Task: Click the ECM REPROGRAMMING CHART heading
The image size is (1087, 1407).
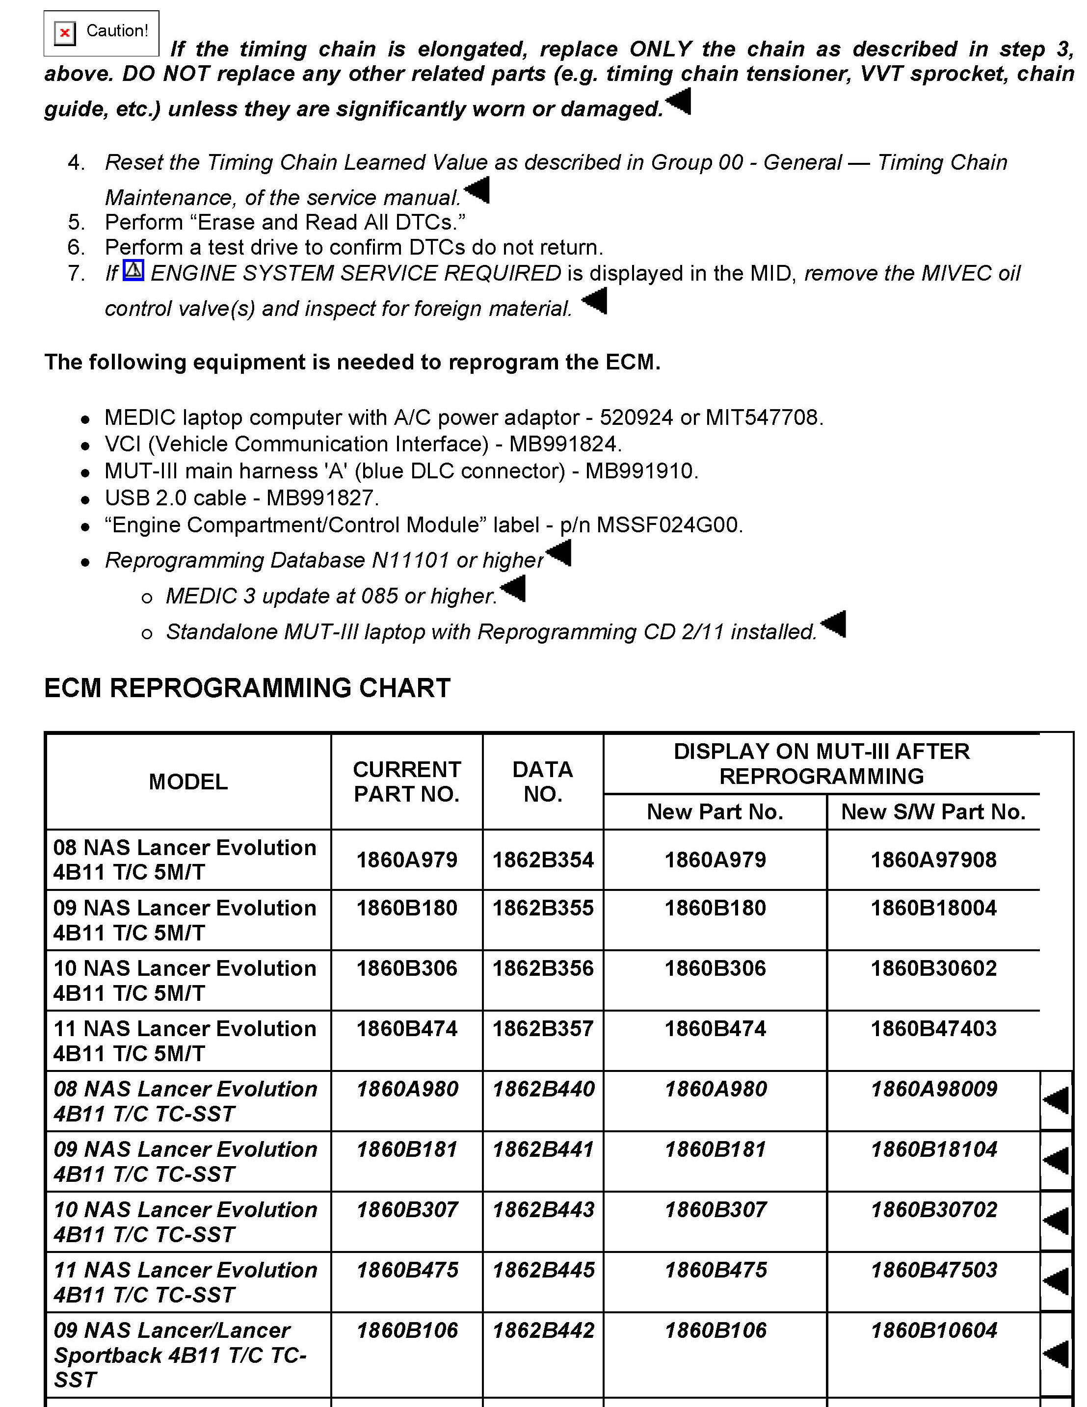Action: click(247, 688)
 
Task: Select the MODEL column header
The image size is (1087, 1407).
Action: click(188, 782)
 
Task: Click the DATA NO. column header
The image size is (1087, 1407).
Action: click(543, 782)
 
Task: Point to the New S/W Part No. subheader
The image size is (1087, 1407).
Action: click(933, 812)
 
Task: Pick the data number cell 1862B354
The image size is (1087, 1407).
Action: click(543, 860)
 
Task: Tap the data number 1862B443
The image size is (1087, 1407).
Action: click(543, 1209)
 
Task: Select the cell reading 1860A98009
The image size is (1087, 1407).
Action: click(934, 1089)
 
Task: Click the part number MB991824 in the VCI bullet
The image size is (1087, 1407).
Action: click(564, 444)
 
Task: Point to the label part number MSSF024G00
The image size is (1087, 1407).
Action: click(669, 525)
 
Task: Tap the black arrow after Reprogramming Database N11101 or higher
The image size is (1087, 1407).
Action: click(558, 553)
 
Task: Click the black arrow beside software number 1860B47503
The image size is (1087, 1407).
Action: click(1056, 1281)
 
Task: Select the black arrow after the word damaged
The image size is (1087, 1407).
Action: click(679, 101)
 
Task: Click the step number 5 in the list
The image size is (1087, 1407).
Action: click(76, 222)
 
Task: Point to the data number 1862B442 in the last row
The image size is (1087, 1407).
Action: click(543, 1330)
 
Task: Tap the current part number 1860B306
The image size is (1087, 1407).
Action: click(406, 968)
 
